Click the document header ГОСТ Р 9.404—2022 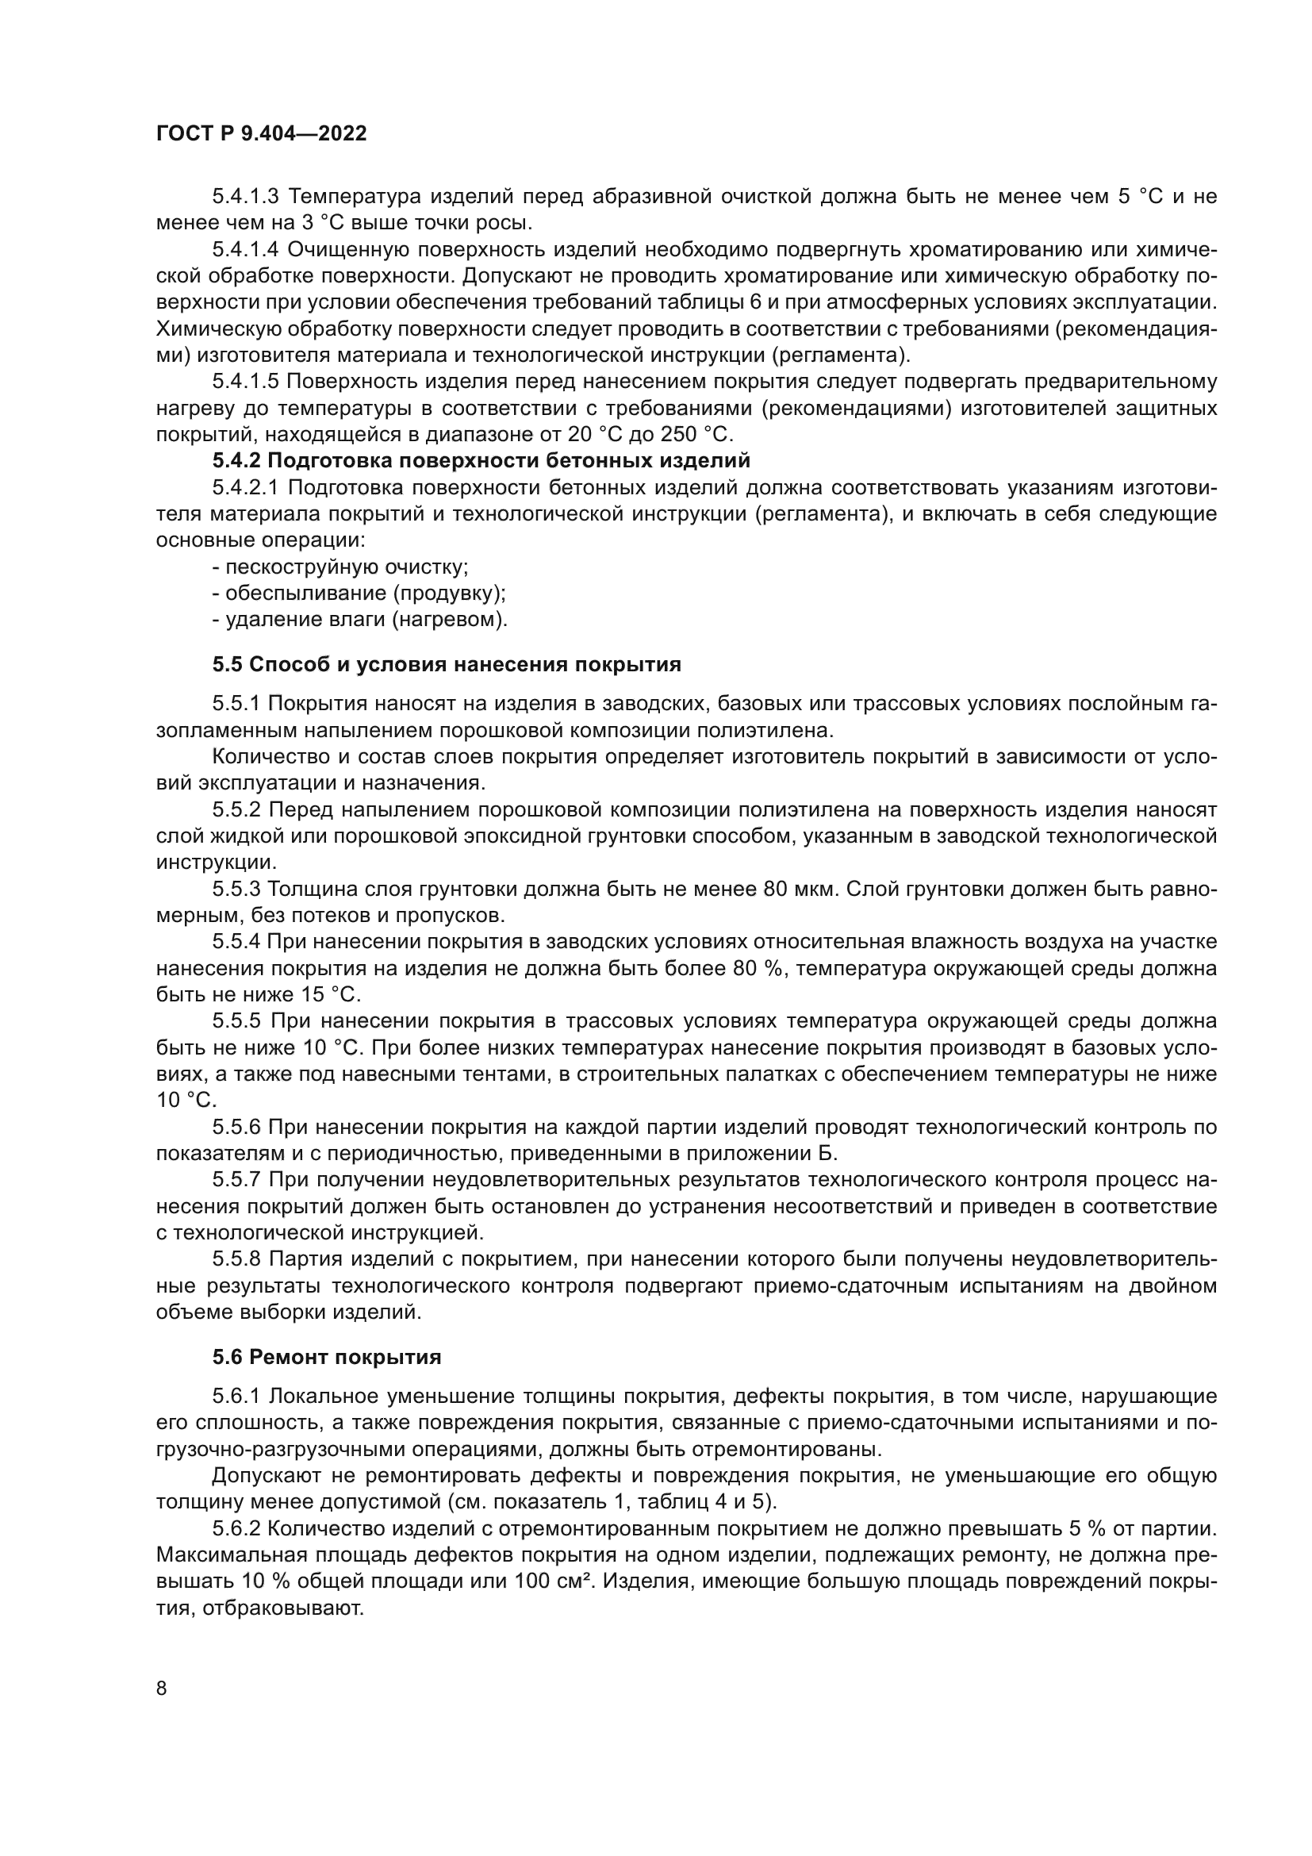[261, 133]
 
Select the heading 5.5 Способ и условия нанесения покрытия [447, 664]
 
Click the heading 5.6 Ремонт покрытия [326, 1356]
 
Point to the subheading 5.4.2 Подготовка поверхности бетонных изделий [481, 461]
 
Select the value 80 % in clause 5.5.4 [758, 968]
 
